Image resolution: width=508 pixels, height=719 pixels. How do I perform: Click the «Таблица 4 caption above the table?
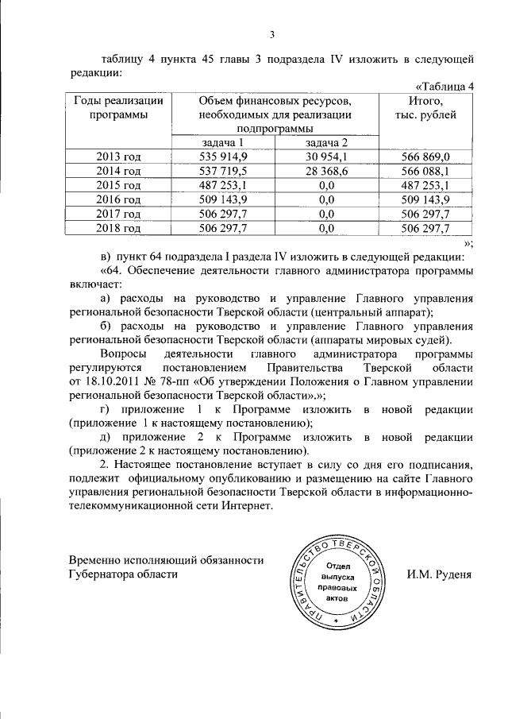(444, 87)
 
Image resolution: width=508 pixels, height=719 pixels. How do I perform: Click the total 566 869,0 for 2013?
(426, 157)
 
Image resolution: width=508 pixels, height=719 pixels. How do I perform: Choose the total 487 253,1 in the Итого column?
(426, 185)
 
